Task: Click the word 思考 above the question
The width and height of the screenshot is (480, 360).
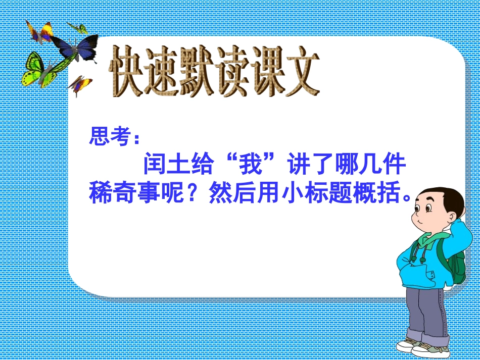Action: tap(107, 136)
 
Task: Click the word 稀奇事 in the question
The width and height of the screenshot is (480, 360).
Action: tap(125, 193)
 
